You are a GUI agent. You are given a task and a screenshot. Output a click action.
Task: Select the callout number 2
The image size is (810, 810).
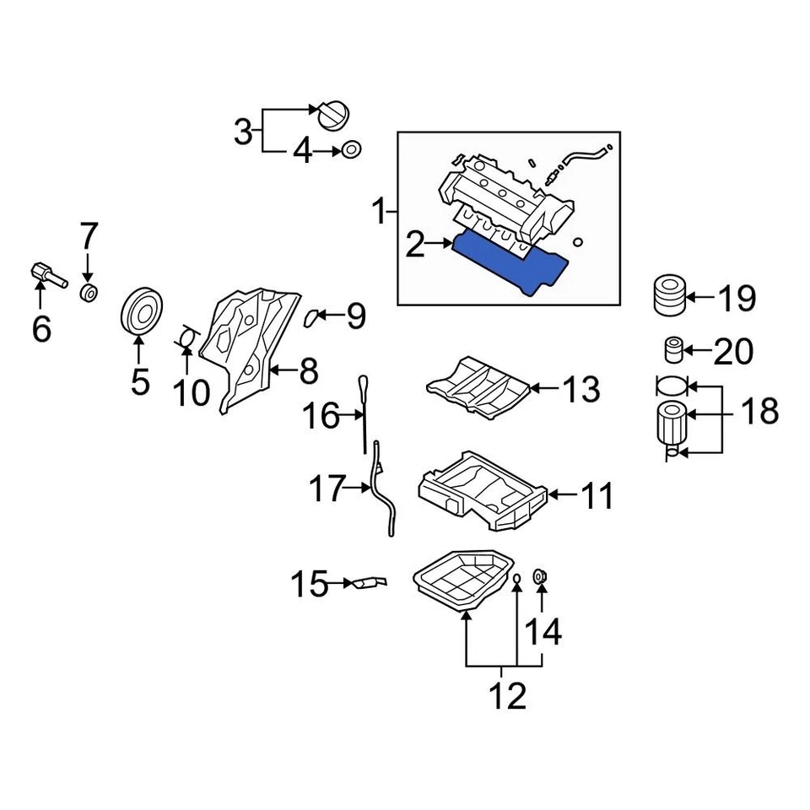[414, 246]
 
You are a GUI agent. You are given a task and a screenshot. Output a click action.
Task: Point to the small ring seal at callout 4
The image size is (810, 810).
[350, 151]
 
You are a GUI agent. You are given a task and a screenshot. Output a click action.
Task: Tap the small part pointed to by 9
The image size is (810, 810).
[310, 317]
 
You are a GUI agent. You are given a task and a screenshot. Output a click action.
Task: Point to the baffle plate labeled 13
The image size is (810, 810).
[477, 386]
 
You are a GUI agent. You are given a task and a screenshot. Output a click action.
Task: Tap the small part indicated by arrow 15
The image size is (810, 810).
[370, 582]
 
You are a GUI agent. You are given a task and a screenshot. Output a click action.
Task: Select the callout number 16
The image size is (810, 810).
[320, 415]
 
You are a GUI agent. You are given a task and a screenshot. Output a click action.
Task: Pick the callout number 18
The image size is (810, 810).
[759, 412]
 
